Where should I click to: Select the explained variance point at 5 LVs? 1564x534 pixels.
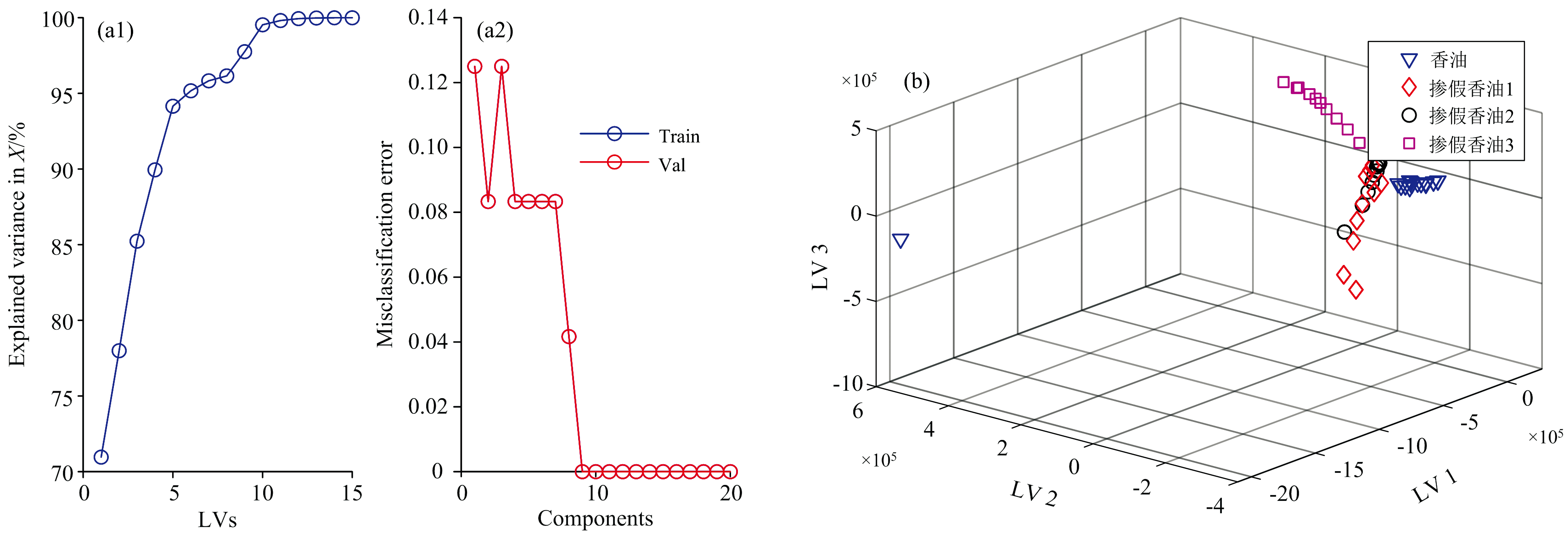[x=173, y=107]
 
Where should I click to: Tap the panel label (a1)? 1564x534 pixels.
[x=115, y=30]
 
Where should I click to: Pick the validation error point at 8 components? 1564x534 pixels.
[x=569, y=337]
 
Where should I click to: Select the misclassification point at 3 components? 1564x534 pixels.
[x=501, y=66]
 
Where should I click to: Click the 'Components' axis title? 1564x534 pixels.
[x=595, y=519]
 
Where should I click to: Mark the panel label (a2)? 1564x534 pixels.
[x=495, y=30]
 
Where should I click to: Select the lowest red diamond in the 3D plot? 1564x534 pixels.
[x=1356, y=290]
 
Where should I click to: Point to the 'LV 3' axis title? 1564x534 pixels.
[x=820, y=267]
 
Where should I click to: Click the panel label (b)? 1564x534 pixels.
[x=916, y=81]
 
